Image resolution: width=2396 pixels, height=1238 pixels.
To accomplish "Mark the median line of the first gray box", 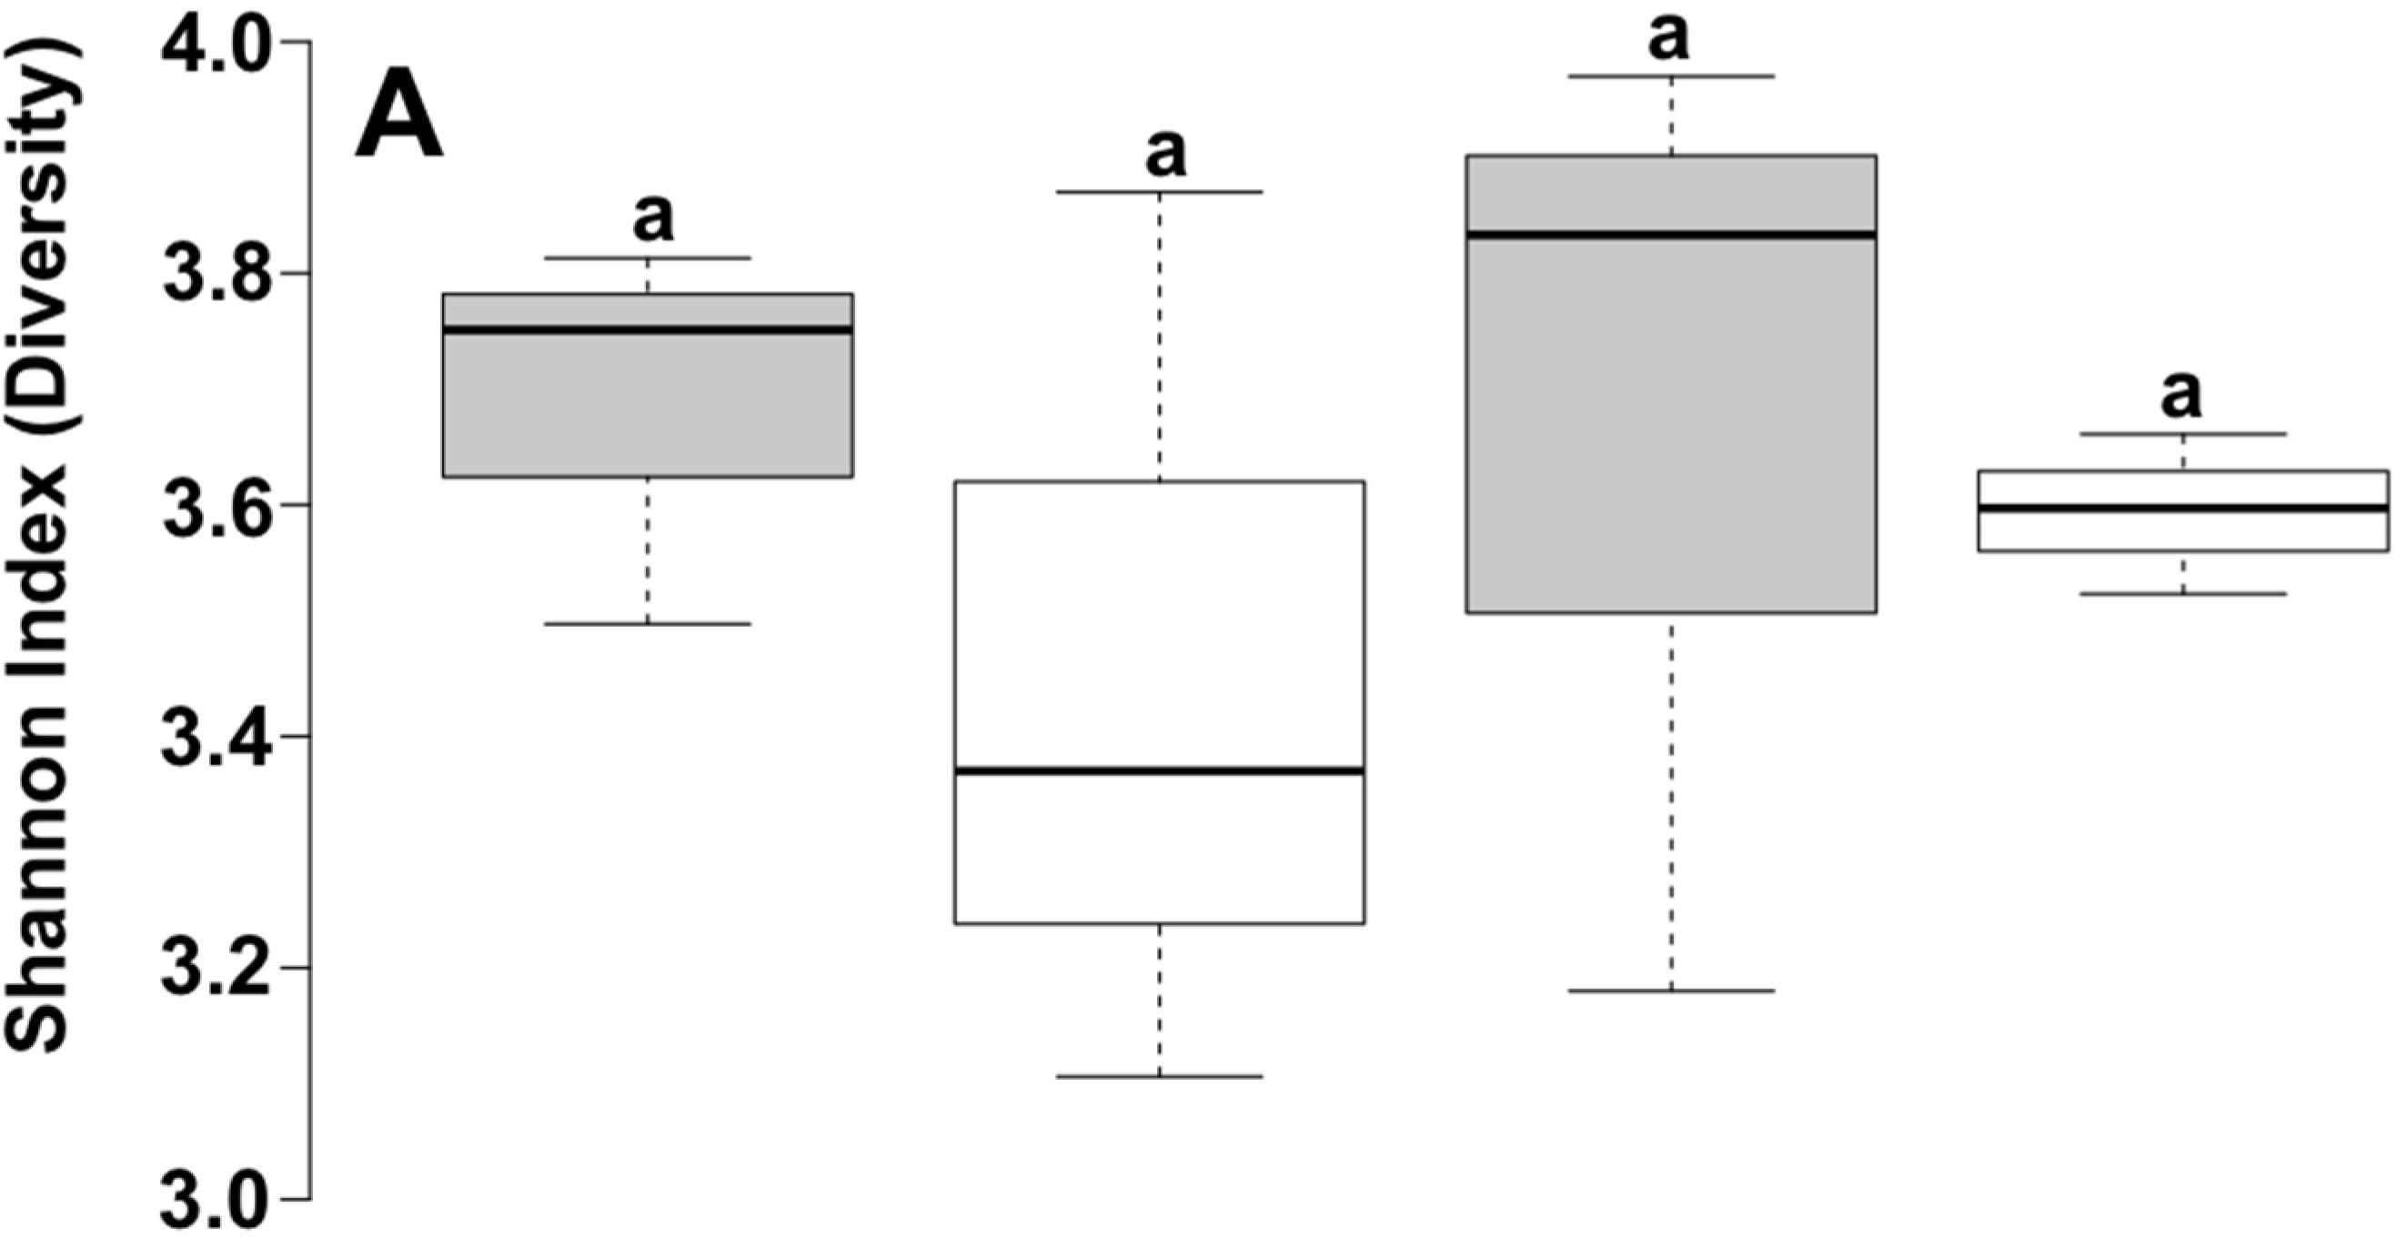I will pyautogui.click(x=648, y=329).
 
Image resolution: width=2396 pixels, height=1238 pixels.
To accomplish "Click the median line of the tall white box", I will pyautogui.click(x=1159, y=771).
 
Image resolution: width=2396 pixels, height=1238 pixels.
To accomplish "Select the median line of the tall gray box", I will pyautogui.click(x=1671, y=235).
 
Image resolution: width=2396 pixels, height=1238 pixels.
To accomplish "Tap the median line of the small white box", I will pyautogui.click(x=2183, y=508).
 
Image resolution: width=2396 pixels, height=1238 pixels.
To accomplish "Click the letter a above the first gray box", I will pyautogui.click(x=653, y=217).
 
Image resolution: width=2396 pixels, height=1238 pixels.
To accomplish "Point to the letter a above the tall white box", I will pyautogui.click(x=1165, y=153).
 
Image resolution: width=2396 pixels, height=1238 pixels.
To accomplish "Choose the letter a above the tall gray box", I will pyautogui.click(x=1668, y=37).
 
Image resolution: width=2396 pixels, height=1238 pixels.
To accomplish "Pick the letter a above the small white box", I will pyautogui.click(x=2181, y=395).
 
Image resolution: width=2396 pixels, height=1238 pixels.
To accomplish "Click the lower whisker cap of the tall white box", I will pyautogui.click(x=1159, y=1076).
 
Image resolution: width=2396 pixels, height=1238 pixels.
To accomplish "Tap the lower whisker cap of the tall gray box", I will pyautogui.click(x=1671, y=991).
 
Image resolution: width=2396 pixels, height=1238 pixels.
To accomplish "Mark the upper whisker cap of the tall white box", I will pyautogui.click(x=1159, y=192).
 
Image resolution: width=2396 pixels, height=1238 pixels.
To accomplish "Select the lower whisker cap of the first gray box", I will pyautogui.click(x=648, y=623).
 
